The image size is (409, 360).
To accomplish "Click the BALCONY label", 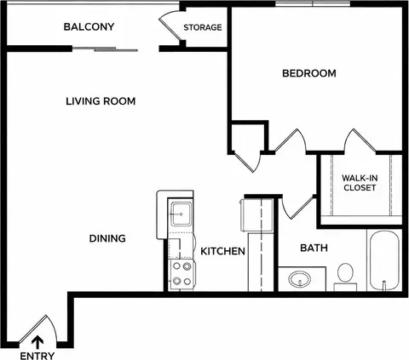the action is (x=89, y=26).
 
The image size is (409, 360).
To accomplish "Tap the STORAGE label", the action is (x=203, y=27).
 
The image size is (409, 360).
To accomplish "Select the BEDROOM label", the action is (x=309, y=73).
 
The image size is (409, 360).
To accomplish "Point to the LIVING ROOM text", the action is (x=101, y=101).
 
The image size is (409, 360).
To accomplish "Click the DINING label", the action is (x=107, y=238).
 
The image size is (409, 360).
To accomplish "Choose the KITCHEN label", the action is (x=222, y=251).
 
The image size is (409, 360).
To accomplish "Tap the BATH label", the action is (x=314, y=248).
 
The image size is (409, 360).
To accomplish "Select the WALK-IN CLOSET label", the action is (x=360, y=183).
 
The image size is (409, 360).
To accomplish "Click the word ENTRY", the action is (x=37, y=356).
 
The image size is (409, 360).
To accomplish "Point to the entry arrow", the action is (x=37, y=342).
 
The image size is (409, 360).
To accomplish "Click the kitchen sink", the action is (x=181, y=214).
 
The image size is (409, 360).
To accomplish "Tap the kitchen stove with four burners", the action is (x=181, y=274).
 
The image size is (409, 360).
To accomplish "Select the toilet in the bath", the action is (x=345, y=277).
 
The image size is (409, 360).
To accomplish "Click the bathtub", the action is (x=384, y=260).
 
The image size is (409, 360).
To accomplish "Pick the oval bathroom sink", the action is (x=300, y=279).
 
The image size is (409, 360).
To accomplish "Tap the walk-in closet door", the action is (x=360, y=140).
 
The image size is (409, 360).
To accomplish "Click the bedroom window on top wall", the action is (x=313, y=3).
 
